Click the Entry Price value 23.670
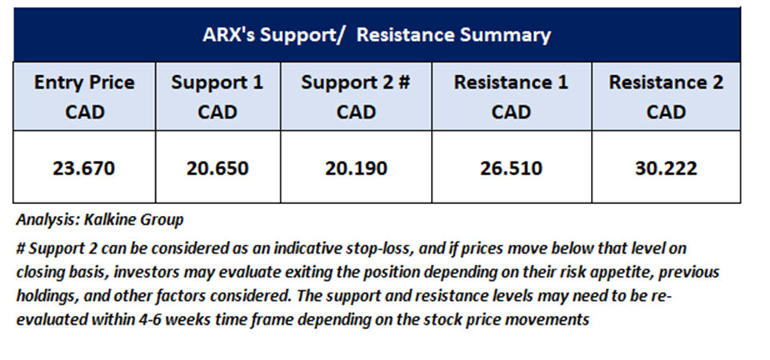click(83, 169)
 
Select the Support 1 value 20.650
click(217, 169)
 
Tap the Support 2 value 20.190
click(356, 169)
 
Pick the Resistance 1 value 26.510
click(511, 169)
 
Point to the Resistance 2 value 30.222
click(666, 169)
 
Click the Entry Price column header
click(84, 97)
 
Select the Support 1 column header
click(217, 97)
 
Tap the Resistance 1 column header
click(511, 97)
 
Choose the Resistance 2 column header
click(666, 97)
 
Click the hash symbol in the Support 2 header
click(404, 82)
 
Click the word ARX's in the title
click(229, 35)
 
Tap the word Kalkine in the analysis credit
click(110, 219)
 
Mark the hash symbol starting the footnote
click(21, 249)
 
